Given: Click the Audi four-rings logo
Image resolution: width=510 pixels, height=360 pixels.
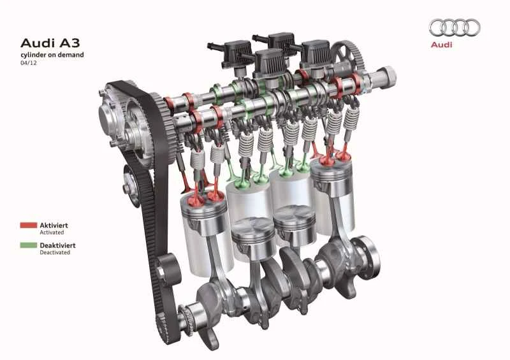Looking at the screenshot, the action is point(455,27).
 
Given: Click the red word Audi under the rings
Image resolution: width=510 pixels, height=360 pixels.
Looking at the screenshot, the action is point(441,45).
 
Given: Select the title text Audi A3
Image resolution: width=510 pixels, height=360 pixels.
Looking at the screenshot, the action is point(50,43).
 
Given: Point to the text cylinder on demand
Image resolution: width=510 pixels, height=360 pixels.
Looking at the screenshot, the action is point(52,55).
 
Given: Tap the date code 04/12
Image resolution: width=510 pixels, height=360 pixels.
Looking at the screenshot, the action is point(29,63).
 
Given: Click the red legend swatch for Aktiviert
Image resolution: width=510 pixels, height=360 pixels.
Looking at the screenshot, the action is point(29,225).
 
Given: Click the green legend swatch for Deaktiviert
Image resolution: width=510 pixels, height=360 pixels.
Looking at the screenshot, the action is point(29,245).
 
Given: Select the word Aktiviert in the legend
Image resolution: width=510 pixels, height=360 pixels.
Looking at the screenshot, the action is point(54,225).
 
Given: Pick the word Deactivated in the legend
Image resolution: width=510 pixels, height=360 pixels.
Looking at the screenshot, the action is point(55,252).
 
